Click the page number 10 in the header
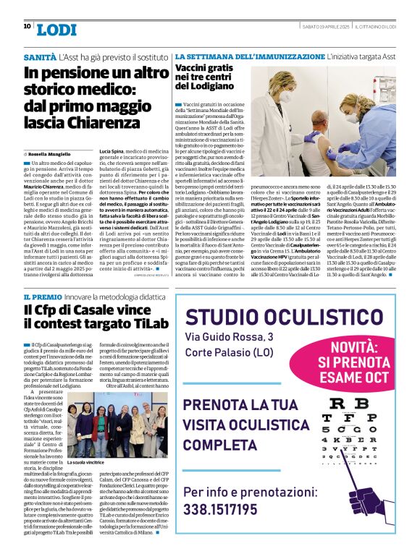click(27, 27)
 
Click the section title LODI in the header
click(56, 29)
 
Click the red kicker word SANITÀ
click(40, 56)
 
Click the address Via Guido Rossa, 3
click(230, 337)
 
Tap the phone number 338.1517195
click(230, 509)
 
